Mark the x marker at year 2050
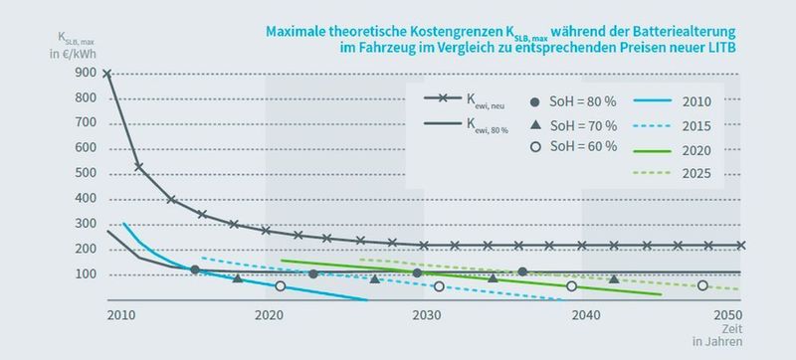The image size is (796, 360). coord(740,245)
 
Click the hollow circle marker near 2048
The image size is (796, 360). coord(702,285)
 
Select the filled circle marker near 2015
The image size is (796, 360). coord(195,270)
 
